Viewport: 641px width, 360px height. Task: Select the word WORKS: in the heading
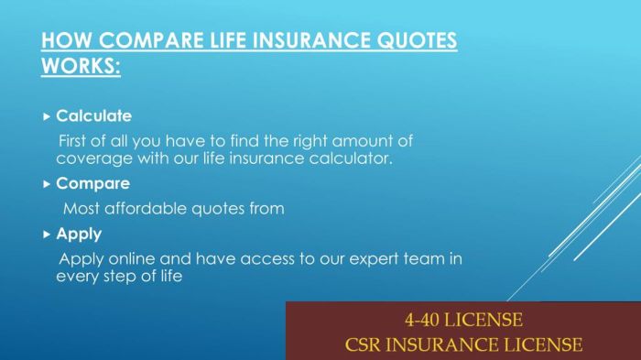81,67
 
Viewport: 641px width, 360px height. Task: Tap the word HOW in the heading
63,42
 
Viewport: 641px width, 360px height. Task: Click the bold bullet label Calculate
93,116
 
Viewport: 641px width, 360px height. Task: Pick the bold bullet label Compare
92,183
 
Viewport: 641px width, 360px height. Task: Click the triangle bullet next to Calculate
48,116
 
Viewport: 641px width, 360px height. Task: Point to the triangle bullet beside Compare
48,183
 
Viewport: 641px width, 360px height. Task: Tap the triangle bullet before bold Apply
48,234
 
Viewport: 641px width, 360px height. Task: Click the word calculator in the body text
357,158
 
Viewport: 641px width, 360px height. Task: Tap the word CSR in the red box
366,345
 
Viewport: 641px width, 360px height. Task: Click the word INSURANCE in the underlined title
295,42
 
